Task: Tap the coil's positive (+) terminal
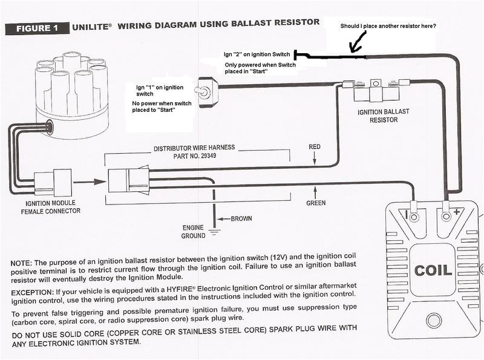pos(446,215)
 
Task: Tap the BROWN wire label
pos(241,218)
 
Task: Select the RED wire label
pos(315,147)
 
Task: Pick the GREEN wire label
pos(315,203)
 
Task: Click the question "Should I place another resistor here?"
pos(388,26)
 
